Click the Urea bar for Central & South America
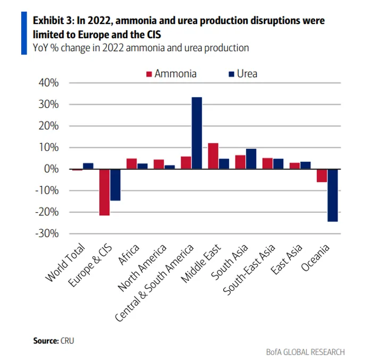click(196, 133)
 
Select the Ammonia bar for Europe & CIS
click(104, 192)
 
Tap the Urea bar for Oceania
click(333, 195)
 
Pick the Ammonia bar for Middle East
click(213, 156)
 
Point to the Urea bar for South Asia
click(251, 158)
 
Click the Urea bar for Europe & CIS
click(115, 185)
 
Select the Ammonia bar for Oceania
click(322, 175)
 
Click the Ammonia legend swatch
click(149, 74)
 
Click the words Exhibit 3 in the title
click(54, 21)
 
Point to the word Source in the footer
click(44, 340)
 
